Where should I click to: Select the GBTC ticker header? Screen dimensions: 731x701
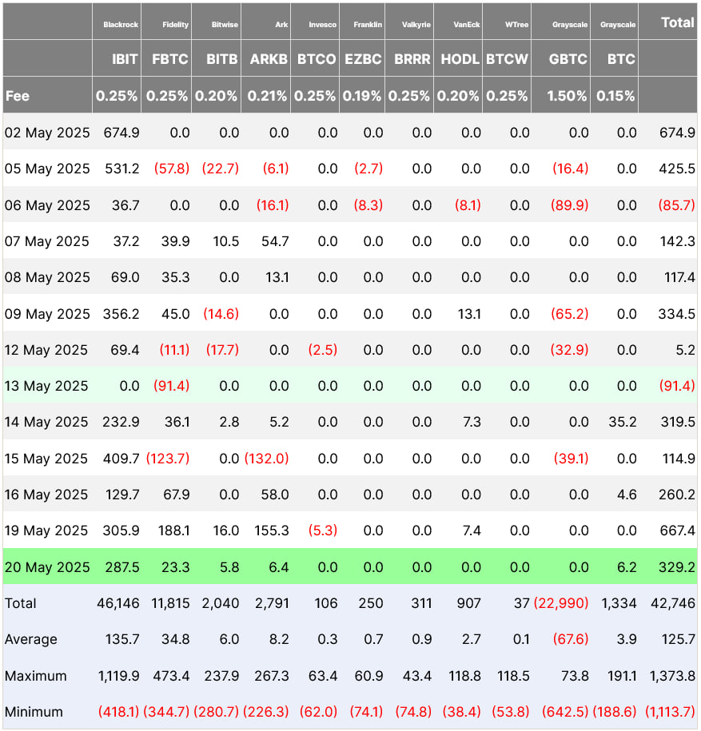point(568,59)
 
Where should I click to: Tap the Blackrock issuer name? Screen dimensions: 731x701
point(121,25)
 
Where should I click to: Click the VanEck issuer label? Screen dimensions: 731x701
point(468,25)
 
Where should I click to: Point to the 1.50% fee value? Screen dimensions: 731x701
point(568,96)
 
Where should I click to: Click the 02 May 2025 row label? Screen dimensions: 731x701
point(47,133)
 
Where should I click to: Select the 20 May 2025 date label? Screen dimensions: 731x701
point(47,566)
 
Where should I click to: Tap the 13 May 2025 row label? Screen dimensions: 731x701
point(47,386)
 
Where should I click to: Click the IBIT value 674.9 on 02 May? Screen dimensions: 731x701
point(122,133)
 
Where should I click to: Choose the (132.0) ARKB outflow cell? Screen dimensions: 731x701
point(267,459)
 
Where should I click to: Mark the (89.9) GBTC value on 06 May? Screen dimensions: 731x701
point(570,205)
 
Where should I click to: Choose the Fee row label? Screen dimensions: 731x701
point(18,96)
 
